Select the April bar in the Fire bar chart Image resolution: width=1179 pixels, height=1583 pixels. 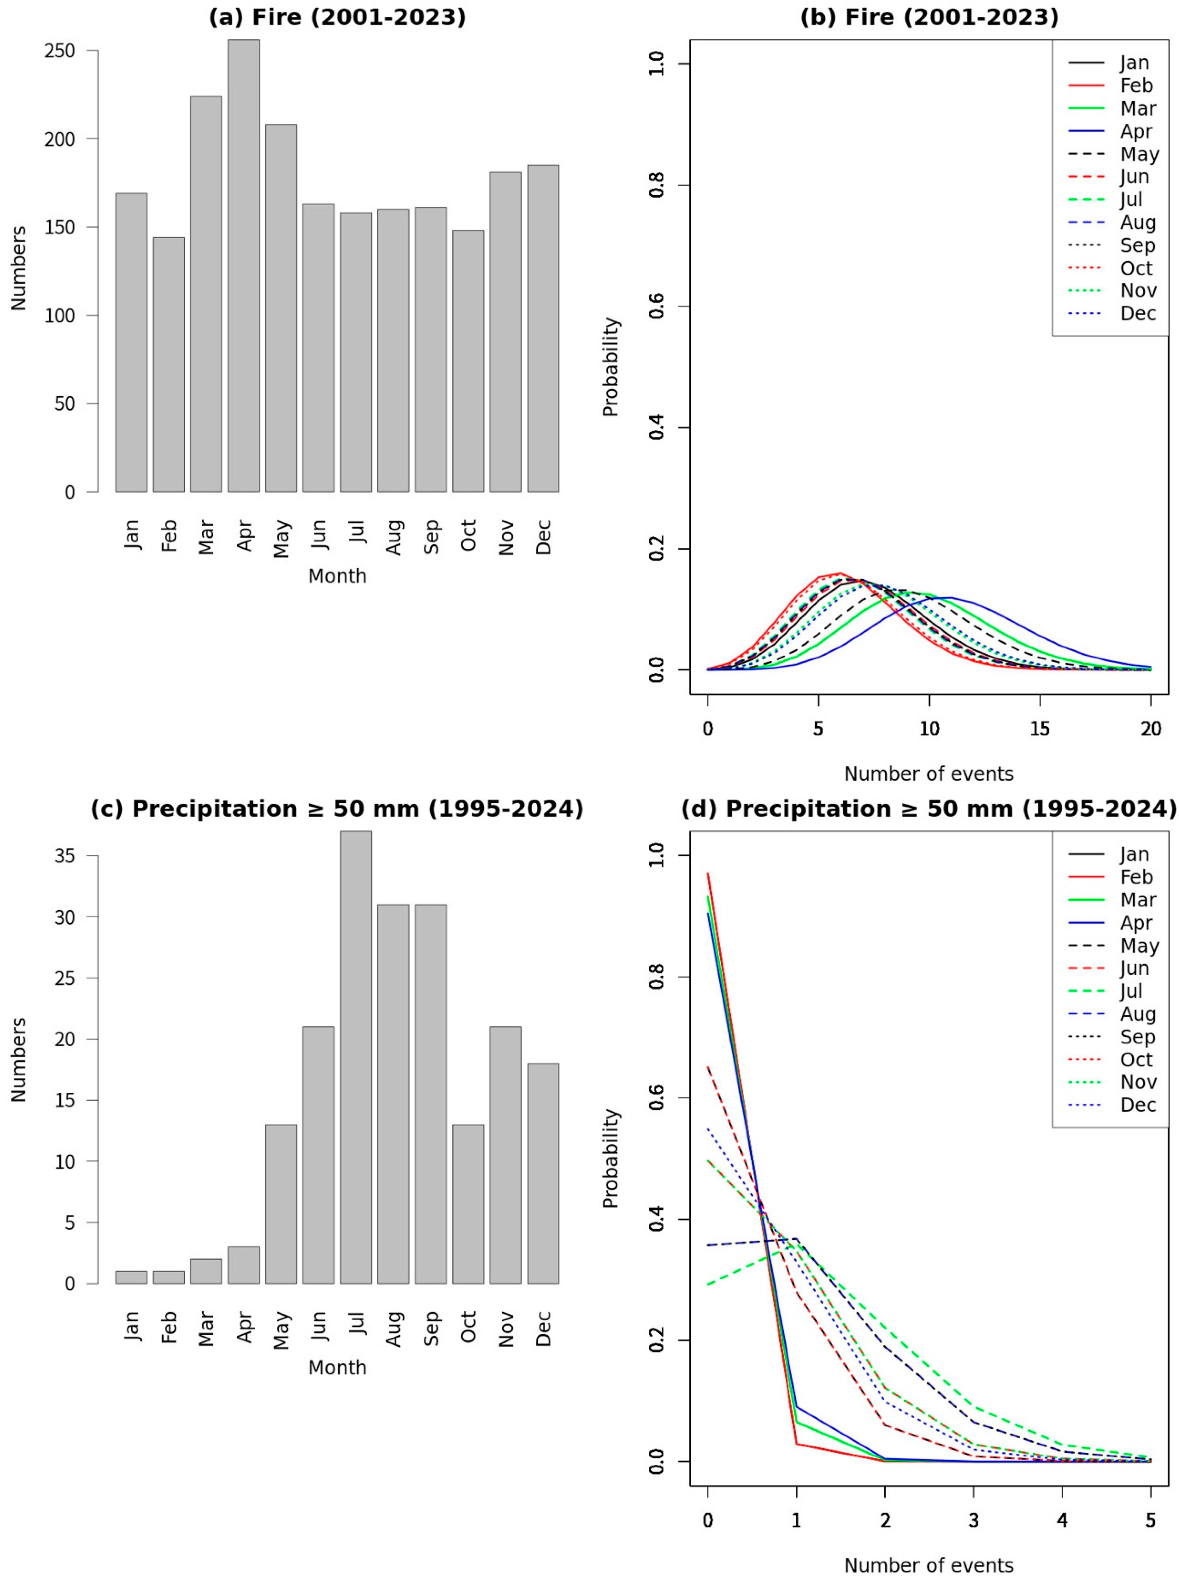click(243, 265)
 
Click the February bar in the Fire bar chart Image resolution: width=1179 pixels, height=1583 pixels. click(168, 365)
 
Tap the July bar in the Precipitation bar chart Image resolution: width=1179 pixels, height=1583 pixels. click(356, 1057)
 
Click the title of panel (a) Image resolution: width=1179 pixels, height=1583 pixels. click(337, 17)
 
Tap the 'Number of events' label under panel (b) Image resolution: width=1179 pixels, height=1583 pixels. click(928, 774)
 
